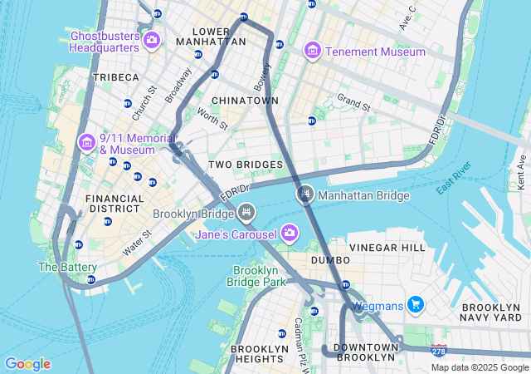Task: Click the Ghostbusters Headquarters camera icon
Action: [152, 40]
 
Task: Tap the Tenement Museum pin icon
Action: [312, 52]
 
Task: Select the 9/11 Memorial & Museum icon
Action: [87, 143]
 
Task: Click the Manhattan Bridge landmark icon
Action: [304, 195]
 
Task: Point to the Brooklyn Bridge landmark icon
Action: [246, 214]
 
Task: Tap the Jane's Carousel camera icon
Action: [289, 232]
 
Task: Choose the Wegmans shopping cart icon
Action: [415, 305]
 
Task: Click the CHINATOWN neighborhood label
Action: [245, 101]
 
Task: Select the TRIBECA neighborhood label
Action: [116, 77]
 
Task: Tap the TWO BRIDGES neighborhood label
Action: [245, 165]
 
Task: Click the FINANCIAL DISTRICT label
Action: [114, 204]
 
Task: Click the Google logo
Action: [27, 364]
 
